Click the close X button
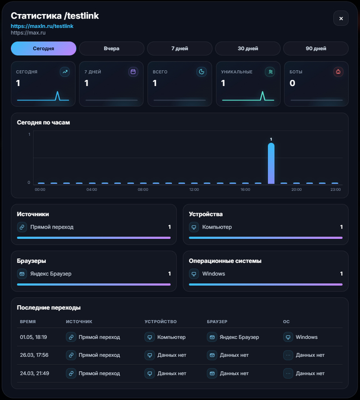click(x=341, y=19)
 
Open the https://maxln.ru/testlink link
click(x=42, y=26)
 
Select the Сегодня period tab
click(x=44, y=48)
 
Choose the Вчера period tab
click(x=112, y=48)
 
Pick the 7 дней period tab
click(x=179, y=48)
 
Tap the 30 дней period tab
click(x=248, y=48)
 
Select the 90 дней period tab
click(x=316, y=48)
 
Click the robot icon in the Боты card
click(x=338, y=72)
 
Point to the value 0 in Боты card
click(x=292, y=83)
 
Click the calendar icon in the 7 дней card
click(x=133, y=72)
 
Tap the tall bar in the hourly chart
click(x=271, y=163)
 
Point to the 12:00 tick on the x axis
click(x=194, y=189)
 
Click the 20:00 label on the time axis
click(x=297, y=189)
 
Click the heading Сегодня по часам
click(x=43, y=123)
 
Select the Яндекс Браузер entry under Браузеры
click(x=51, y=274)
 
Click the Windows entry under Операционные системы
click(x=213, y=274)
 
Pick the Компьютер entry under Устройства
click(x=217, y=227)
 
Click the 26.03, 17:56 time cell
click(x=34, y=355)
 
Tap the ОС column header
click(x=286, y=322)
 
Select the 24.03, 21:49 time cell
click(x=34, y=373)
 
